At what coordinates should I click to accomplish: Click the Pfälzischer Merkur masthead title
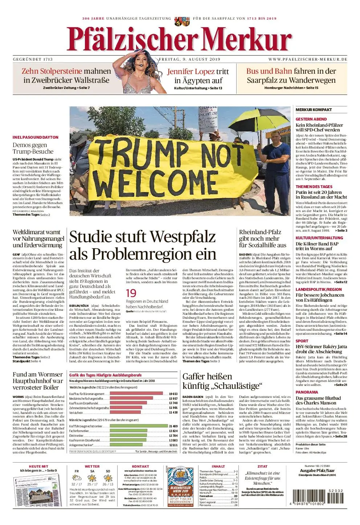tap(179, 39)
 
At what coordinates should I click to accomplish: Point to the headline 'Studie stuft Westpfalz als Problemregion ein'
tap(143, 245)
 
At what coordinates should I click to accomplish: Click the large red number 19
tap(131, 293)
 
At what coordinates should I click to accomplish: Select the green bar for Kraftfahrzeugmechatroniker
tap(138, 426)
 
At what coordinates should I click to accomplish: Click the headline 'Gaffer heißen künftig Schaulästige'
tap(222, 381)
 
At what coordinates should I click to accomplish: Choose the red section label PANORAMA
tap(307, 392)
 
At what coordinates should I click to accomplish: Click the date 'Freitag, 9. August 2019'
tap(189, 59)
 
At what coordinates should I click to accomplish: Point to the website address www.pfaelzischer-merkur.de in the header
tap(308, 59)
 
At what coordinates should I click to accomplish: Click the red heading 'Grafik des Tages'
tap(105, 375)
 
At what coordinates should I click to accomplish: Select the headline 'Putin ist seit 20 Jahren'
tap(318, 192)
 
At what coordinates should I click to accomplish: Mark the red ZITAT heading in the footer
tap(262, 466)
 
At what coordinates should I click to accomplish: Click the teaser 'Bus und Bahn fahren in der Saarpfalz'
tap(291, 76)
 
